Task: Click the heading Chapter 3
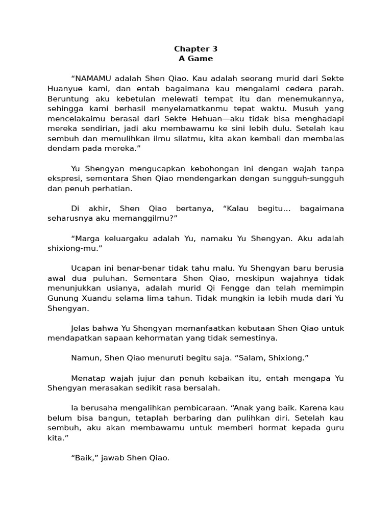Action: tap(195, 49)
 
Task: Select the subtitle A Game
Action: tap(195, 59)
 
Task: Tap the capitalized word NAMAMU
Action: tap(92, 79)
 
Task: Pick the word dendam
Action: tap(62, 148)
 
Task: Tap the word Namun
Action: tap(86, 358)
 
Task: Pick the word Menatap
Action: tap(89, 378)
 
